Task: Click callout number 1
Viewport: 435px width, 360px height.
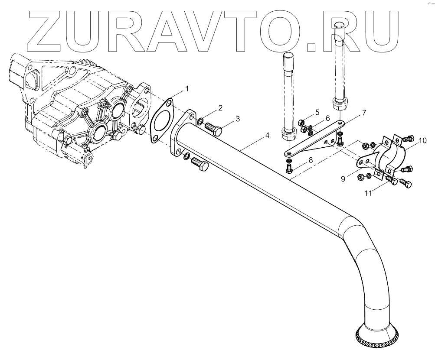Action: point(187,89)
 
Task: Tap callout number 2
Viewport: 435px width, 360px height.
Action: point(220,108)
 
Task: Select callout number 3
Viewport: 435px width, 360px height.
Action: point(238,119)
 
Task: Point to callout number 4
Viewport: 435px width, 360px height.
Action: point(268,136)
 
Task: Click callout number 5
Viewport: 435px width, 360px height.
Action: point(317,113)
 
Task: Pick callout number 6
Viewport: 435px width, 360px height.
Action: point(328,118)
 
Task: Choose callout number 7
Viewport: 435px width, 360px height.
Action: point(364,113)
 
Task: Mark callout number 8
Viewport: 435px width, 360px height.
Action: point(310,160)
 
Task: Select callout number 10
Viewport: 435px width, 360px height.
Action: point(423,140)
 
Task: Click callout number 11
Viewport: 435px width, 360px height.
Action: point(368,193)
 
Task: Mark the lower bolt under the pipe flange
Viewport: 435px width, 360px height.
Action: point(197,164)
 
